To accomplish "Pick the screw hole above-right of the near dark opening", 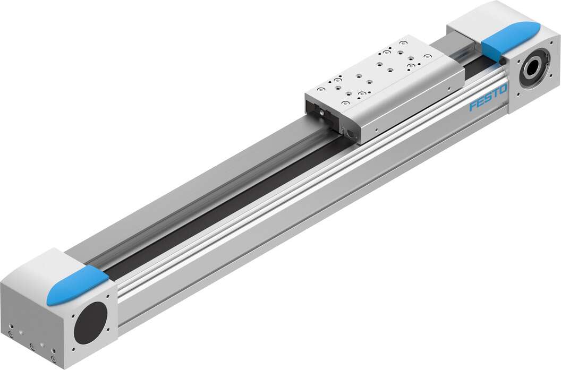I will tap(109, 298).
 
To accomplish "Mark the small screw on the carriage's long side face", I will tap(376, 128).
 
